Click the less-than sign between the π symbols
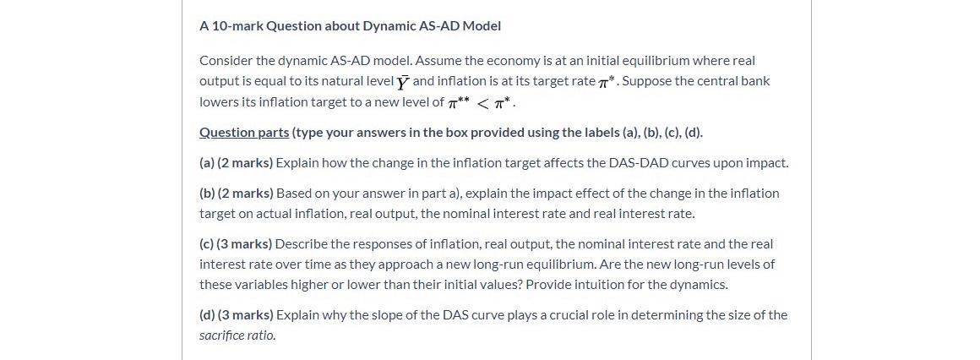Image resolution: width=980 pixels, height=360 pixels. point(483,103)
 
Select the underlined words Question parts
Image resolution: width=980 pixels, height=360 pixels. point(244,133)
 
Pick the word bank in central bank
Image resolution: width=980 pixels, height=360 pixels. point(754,81)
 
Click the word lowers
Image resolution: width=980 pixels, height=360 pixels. point(218,101)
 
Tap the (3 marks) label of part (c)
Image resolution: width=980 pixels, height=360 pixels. point(244,244)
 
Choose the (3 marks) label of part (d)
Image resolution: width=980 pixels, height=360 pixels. point(245,315)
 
